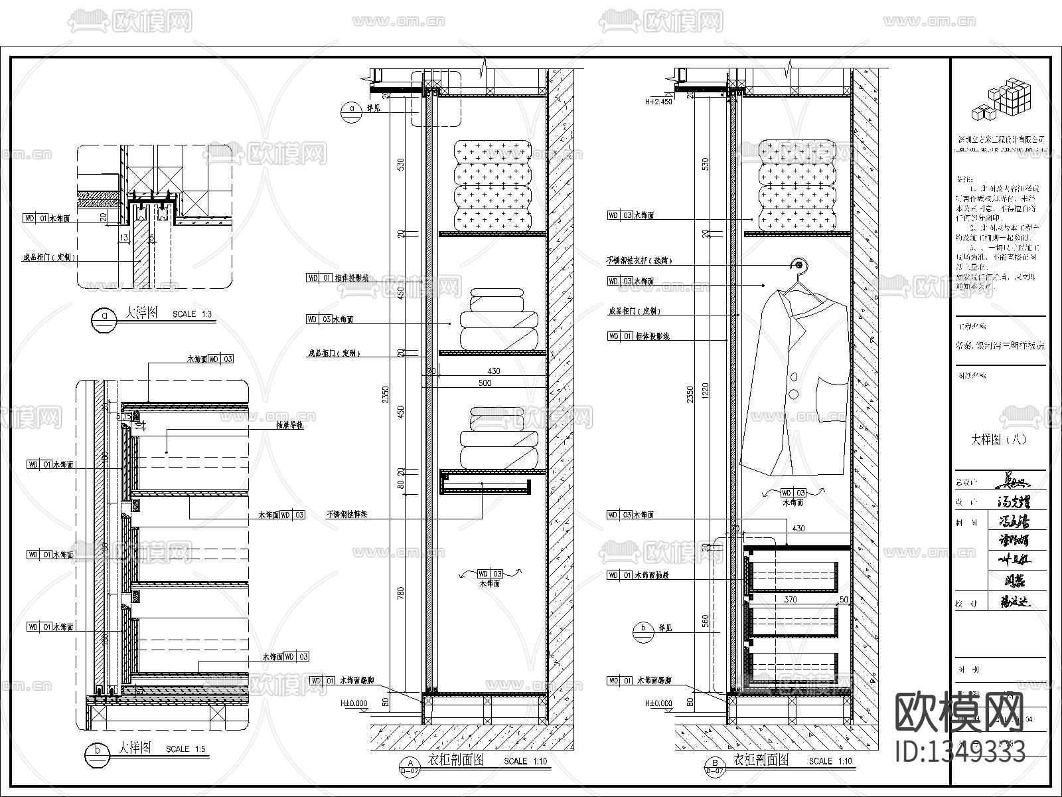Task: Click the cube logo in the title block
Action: [x=1002, y=100]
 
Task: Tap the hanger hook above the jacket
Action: [x=800, y=266]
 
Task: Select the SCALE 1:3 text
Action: [x=192, y=314]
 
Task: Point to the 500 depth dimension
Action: [x=485, y=383]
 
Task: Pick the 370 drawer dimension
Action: [x=790, y=599]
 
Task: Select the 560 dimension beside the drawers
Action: [x=706, y=620]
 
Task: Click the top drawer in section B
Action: [x=793, y=576]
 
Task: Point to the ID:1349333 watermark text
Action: [x=960, y=752]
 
